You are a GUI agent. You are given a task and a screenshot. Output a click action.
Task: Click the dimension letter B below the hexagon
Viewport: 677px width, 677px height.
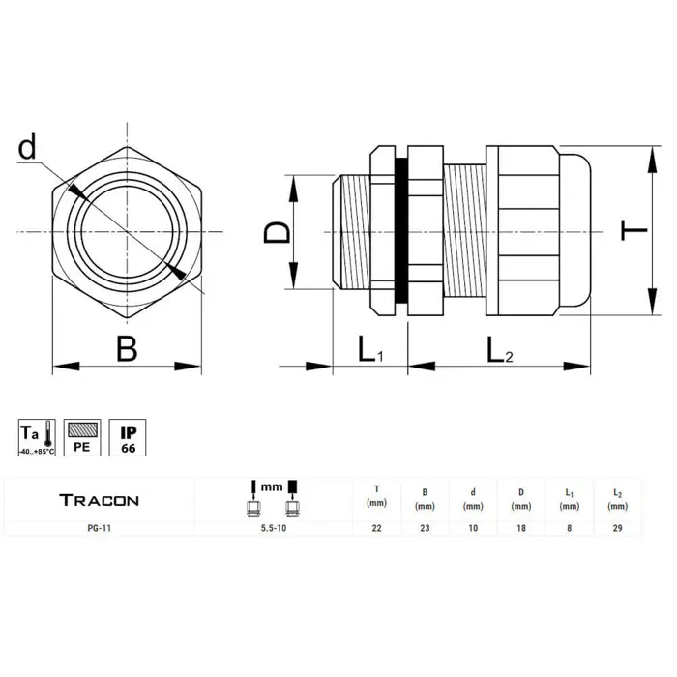[x=127, y=348]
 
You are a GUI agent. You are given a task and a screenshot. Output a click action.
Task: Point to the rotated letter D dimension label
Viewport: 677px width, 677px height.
[x=277, y=233]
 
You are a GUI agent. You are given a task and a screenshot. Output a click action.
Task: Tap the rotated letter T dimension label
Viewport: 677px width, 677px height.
[x=633, y=230]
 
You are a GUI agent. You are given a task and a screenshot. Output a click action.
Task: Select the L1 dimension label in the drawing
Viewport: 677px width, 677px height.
[x=370, y=349]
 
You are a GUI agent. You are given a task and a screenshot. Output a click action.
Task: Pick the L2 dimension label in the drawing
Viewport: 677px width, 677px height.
[x=500, y=350]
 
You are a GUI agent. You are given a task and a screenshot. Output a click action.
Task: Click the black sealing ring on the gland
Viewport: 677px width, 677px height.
[x=401, y=230]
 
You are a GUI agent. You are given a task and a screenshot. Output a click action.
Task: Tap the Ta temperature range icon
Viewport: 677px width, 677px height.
[x=37, y=437]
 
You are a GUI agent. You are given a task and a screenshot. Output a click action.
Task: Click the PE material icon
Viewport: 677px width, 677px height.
[x=82, y=437]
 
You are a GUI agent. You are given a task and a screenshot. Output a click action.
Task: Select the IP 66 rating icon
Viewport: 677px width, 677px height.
[x=128, y=437]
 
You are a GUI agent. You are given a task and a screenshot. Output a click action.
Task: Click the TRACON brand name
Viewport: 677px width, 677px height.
[x=100, y=500]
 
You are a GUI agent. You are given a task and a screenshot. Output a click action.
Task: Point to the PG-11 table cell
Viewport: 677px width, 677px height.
[x=100, y=528]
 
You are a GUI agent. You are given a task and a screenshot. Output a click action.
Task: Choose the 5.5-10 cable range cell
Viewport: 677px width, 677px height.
[x=274, y=528]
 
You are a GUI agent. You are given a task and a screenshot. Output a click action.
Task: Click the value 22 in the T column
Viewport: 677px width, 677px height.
[x=377, y=528]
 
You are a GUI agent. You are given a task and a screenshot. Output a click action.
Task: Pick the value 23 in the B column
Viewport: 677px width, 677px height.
[x=425, y=528]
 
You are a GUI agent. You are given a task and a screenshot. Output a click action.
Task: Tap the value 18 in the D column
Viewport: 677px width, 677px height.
[x=521, y=528]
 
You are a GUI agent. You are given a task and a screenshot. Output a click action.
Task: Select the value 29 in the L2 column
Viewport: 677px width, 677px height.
[x=617, y=528]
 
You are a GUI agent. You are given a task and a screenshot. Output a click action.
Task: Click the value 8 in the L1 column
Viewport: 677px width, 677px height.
[x=569, y=528]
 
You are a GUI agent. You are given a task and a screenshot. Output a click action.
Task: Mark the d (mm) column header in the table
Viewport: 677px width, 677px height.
[x=473, y=499]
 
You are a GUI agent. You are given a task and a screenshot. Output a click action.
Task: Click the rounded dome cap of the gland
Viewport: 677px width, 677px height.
[x=575, y=230]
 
